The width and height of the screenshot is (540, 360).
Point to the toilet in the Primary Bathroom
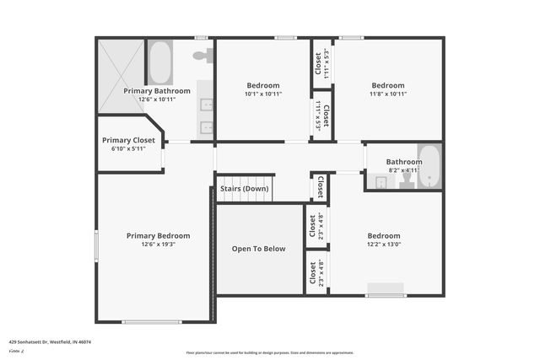click(x=202, y=56)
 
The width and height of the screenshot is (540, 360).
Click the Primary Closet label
click(x=128, y=140)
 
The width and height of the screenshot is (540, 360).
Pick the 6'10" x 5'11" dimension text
click(x=128, y=148)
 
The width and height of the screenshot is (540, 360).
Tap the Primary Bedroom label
click(x=158, y=236)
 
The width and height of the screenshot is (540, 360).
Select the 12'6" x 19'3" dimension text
click(x=158, y=244)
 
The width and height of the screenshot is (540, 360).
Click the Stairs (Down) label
click(x=246, y=189)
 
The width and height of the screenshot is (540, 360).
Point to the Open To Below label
click(x=258, y=249)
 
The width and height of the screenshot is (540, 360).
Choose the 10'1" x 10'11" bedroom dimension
click(x=263, y=94)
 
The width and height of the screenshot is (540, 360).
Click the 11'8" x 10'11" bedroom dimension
click(x=388, y=94)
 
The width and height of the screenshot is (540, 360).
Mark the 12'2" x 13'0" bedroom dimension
click(x=383, y=244)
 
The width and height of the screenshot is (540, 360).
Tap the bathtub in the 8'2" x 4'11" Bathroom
click(x=429, y=166)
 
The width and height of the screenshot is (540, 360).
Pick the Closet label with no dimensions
click(x=320, y=187)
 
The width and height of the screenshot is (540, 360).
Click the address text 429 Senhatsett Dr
click(x=50, y=342)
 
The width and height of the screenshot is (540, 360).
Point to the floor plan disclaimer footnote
click(x=269, y=352)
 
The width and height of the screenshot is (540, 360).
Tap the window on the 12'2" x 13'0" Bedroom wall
click(x=386, y=294)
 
